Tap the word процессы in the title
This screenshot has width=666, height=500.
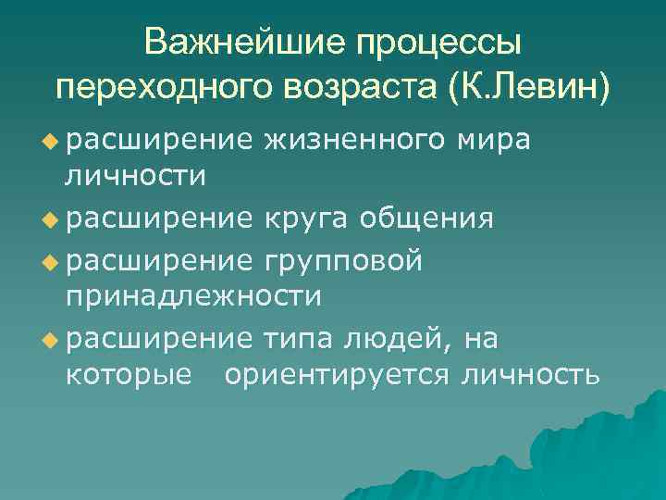pos(442,43)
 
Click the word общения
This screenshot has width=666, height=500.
pos(426,220)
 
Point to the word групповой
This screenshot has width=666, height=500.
pos(344,262)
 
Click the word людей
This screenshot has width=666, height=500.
pos(399,341)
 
